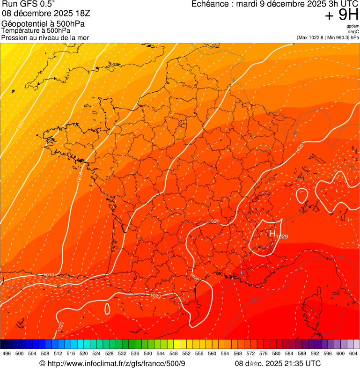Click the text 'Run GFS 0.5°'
[x=28, y=5]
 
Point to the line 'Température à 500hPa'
[x=36, y=30]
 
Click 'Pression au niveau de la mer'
[x=45, y=37]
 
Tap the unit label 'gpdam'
[x=353, y=26]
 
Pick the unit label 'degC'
[x=353, y=31]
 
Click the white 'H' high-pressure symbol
[x=272, y=233]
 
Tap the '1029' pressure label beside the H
[x=282, y=237]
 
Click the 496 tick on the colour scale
[x=7, y=353]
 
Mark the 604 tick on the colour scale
[x=353, y=353]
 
